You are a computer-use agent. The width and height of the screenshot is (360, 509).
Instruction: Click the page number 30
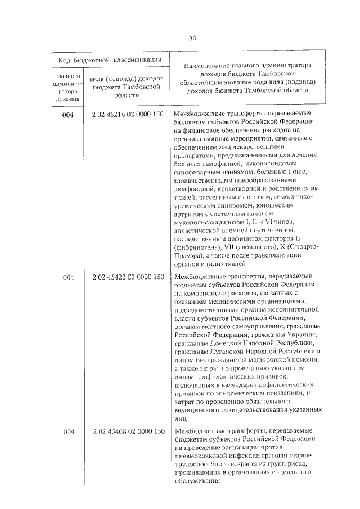tap(192, 38)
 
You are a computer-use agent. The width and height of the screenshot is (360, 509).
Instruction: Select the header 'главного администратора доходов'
tap(68, 87)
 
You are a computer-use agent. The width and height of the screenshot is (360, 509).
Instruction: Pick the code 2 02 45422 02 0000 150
tap(128, 277)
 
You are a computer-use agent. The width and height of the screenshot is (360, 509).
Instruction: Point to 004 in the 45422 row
tap(68, 277)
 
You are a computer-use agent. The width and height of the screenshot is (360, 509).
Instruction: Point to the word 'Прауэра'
tap(189, 256)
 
